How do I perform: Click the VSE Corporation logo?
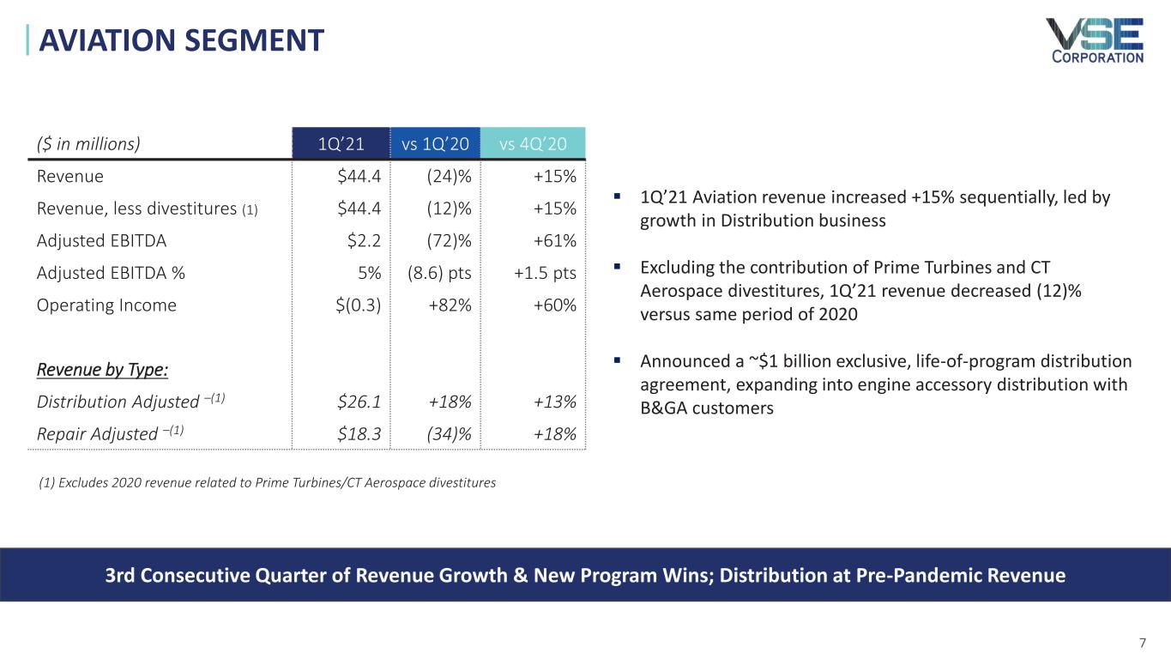[1094, 39]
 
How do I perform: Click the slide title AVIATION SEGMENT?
[177, 39]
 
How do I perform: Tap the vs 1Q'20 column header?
[435, 143]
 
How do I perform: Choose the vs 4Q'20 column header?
[533, 143]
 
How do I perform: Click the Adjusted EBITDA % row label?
[111, 273]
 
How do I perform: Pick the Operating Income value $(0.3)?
[359, 305]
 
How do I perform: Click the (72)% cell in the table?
[450, 240]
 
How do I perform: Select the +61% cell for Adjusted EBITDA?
[554, 240]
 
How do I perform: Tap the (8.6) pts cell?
[439, 273]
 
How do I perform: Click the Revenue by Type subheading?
[102, 370]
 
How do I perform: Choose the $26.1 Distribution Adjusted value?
[360, 402]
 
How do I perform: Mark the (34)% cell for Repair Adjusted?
[450, 433]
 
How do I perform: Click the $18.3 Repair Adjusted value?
[360, 433]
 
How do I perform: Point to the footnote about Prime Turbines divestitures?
[268, 482]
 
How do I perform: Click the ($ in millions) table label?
[88, 143]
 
